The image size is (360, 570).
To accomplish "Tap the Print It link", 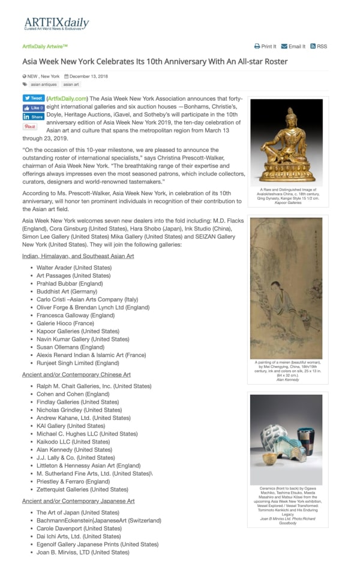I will click(265, 46).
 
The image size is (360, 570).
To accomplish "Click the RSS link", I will click(319, 46).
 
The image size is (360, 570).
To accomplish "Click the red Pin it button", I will click(30, 127).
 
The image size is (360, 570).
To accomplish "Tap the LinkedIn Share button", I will click(34, 117).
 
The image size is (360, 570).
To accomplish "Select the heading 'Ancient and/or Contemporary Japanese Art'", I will click(78, 500).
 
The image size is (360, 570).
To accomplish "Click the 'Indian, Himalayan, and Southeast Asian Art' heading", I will click(78, 256).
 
